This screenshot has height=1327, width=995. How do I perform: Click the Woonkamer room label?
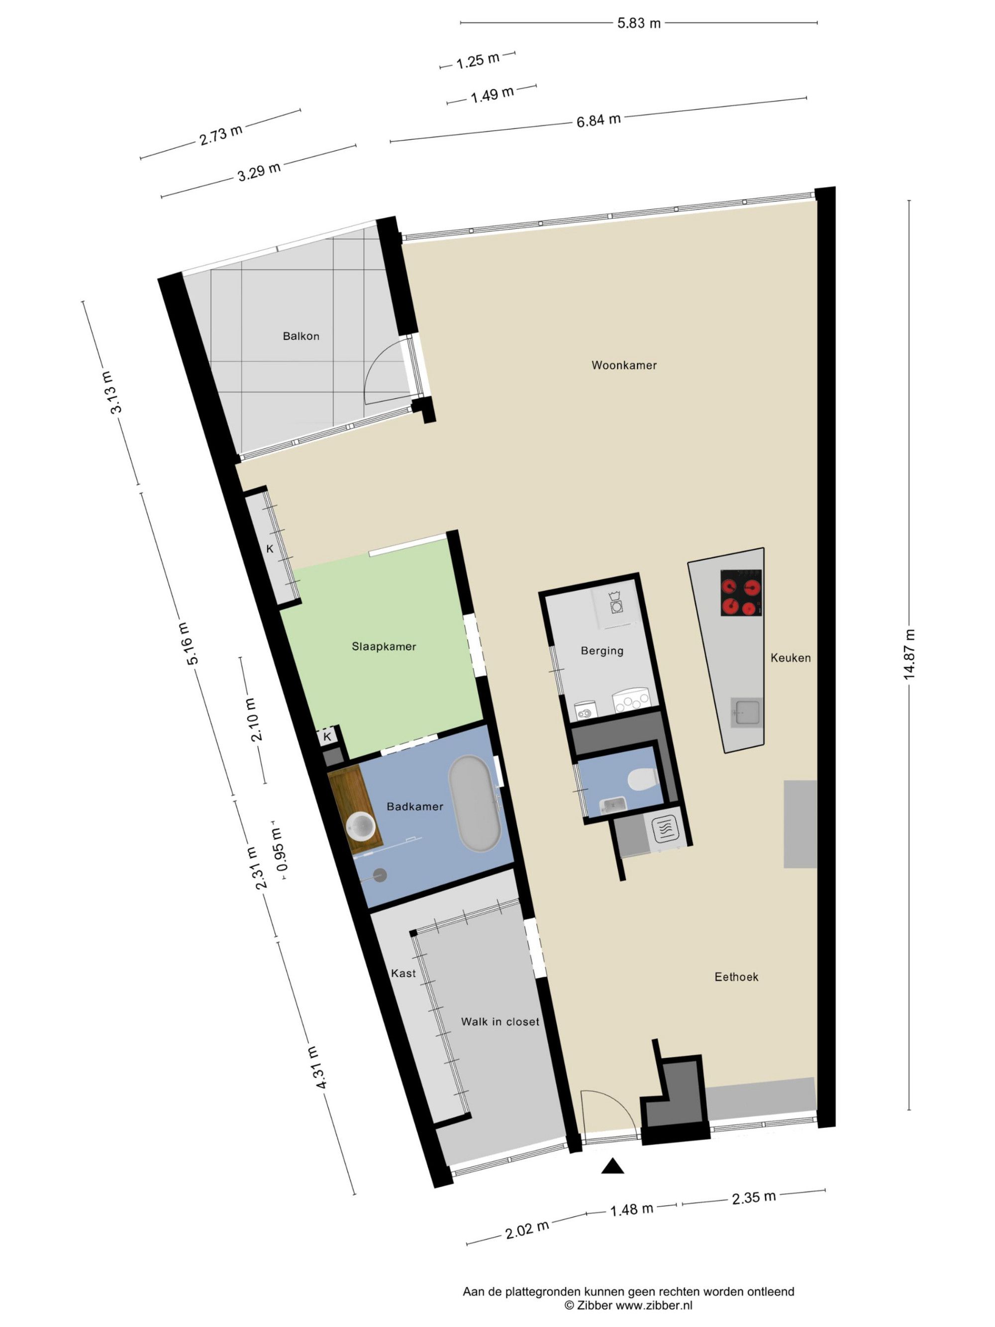pyautogui.click(x=624, y=365)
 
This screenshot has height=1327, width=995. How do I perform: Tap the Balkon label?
pyautogui.click(x=301, y=336)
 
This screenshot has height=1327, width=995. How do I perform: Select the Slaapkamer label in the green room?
pyautogui.click(x=384, y=646)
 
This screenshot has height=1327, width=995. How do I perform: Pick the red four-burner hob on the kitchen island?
pyautogui.click(x=741, y=592)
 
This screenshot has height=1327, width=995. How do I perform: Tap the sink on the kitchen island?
pyautogui.click(x=745, y=712)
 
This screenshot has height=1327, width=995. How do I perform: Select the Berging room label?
pyautogui.click(x=602, y=651)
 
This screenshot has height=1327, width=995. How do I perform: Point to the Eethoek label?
pyautogui.click(x=736, y=977)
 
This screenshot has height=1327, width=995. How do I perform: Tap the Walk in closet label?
pyautogui.click(x=500, y=1021)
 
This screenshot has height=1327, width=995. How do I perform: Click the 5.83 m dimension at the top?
pyautogui.click(x=639, y=23)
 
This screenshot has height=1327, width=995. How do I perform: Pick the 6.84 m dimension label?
pyautogui.click(x=598, y=120)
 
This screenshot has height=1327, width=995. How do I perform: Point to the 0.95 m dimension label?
pyautogui.click(x=280, y=849)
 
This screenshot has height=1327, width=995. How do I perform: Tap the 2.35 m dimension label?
pyautogui.click(x=754, y=1198)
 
